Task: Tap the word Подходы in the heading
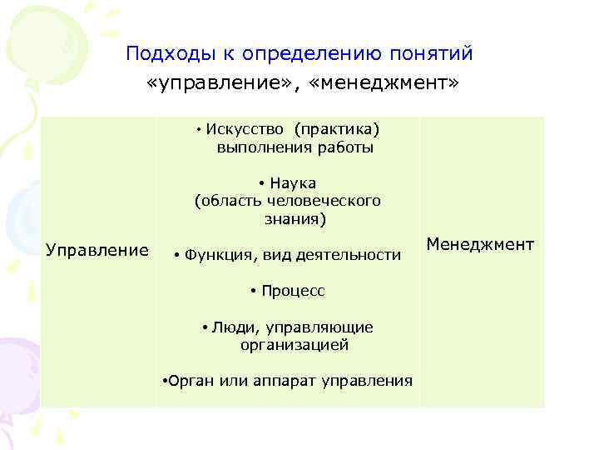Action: pos(169,54)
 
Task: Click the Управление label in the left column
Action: pos(97,250)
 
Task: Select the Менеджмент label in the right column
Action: pos(480,244)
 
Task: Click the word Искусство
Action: pos(245,129)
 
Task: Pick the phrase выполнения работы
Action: pos(295,147)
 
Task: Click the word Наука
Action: pos(293,183)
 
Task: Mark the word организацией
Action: pos(295,344)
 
